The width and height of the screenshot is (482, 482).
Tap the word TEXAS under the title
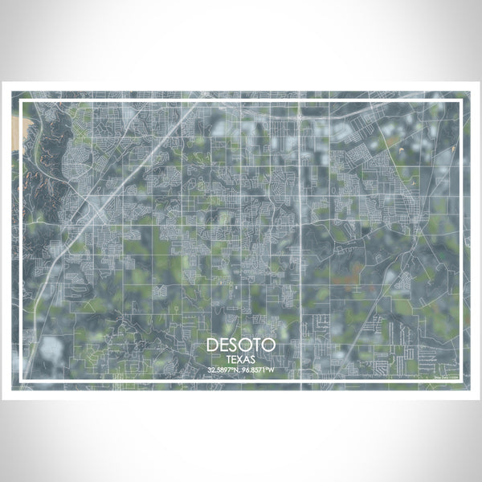click(241, 359)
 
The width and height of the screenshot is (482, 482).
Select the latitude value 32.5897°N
click(223, 370)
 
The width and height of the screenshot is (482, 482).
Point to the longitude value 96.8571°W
click(259, 370)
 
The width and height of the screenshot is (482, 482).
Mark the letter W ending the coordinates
click(272, 370)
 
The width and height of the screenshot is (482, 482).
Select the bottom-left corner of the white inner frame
click(22, 380)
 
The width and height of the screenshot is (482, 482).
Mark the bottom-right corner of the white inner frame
click(460, 380)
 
